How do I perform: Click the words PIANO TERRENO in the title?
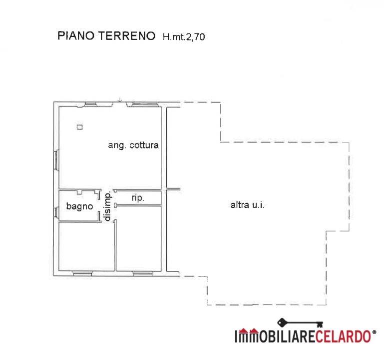[106, 36]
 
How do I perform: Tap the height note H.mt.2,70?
[183, 36]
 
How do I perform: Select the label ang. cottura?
[133, 145]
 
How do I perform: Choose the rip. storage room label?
[138, 198]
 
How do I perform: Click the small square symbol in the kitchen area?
[79, 127]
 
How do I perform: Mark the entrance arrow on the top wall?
[119, 100]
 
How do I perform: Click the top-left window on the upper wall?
[90, 104]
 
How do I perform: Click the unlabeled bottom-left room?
[86, 246]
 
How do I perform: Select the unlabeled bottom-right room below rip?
[139, 238]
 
